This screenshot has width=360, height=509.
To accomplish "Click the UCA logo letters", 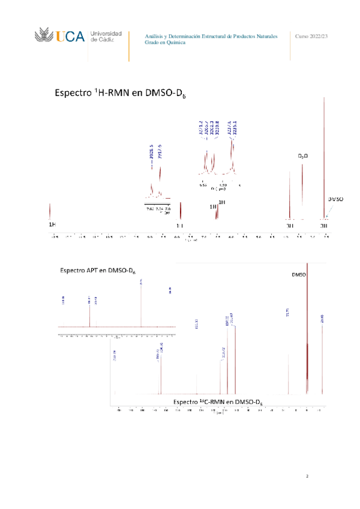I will [x=70, y=37].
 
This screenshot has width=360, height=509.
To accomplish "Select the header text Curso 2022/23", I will [x=312, y=37].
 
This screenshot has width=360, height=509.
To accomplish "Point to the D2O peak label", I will [x=303, y=157].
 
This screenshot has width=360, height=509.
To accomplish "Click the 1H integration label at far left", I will [x=52, y=224].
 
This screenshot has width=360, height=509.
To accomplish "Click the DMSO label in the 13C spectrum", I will [x=299, y=275].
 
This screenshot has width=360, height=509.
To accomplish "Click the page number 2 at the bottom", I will [x=307, y=477].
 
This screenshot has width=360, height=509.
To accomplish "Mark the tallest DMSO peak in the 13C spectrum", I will [x=307, y=324].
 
